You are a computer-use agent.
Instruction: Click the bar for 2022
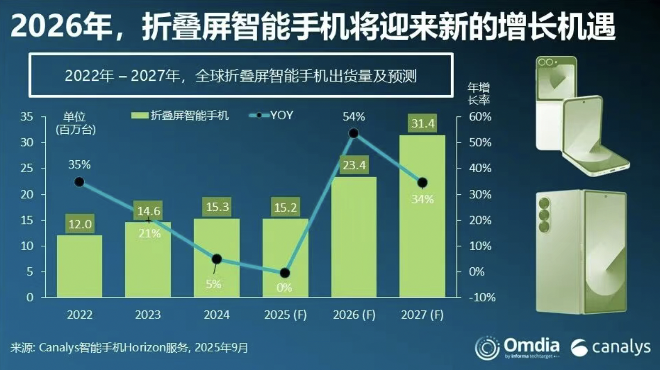tap(79, 266)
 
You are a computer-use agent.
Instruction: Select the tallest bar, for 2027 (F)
tap(422, 217)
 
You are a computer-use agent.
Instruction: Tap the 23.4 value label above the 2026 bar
tap(354, 165)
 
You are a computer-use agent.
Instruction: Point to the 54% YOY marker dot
tap(353, 133)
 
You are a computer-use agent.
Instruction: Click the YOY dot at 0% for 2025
tap(285, 273)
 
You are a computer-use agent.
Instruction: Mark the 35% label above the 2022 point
tap(79, 165)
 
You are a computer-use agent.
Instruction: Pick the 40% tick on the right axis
tap(480, 168)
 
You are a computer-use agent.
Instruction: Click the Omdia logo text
tap(531, 345)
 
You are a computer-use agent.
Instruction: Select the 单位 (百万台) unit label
tap(75, 123)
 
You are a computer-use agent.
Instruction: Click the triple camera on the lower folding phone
tap(544, 215)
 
